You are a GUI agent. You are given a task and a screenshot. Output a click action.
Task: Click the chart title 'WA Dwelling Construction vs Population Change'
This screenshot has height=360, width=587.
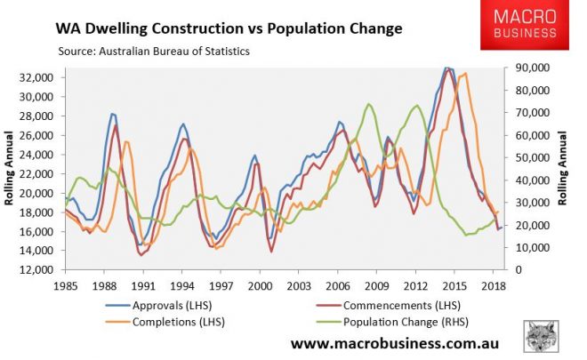click(x=230, y=28)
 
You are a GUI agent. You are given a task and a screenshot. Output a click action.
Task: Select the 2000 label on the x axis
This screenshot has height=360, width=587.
click(x=259, y=285)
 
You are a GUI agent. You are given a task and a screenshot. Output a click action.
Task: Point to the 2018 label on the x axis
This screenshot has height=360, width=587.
click(x=491, y=285)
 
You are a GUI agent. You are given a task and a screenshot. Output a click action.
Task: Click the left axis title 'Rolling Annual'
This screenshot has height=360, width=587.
click(x=12, y=170)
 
